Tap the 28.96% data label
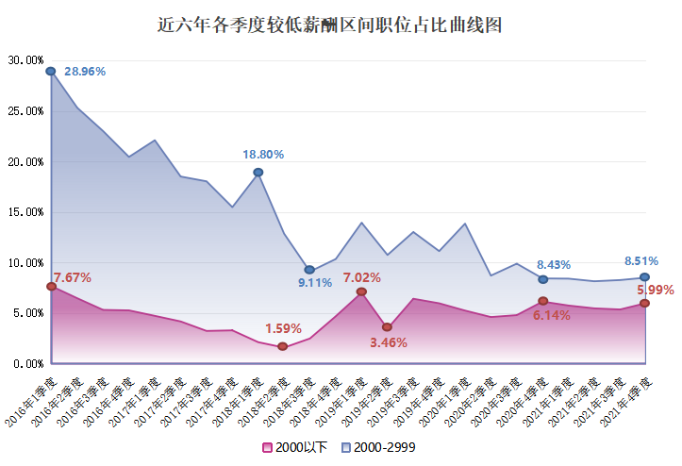click(85, 71)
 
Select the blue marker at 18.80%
click(258, 173)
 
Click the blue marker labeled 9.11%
click(309, 270)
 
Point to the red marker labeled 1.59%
click(283, 346)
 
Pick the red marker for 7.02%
click(361, 291)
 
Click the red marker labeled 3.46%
click(387, 327)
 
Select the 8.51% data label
click(643, 261)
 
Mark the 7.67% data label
click(73, 277)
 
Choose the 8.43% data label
click(554, 264)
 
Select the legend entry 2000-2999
click(377, 447)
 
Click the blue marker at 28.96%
click(51, 71)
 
